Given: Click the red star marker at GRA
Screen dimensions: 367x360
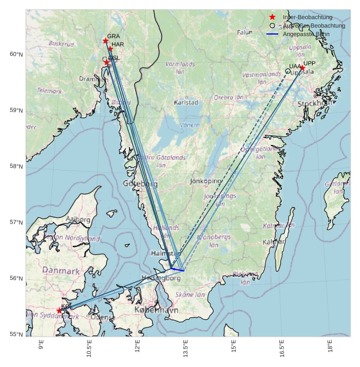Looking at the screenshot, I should coord(106,41).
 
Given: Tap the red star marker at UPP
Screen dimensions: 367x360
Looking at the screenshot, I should coord(302,68).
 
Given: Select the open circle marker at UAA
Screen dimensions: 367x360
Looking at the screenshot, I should coord(288,71).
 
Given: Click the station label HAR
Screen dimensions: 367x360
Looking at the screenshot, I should coord(117,45).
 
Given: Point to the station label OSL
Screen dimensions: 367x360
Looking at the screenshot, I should coord(114,58).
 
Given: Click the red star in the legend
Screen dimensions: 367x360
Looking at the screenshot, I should coord(272,18).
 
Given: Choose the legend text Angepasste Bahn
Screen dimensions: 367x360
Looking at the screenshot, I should coord(306,34).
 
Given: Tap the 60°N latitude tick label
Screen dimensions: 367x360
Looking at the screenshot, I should coord(16,54).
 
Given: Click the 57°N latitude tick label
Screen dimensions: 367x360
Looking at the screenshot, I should coord(16,223).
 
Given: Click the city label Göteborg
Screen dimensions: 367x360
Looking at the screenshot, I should coord(140,184).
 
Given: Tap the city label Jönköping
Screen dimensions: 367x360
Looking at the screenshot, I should coord(205,181).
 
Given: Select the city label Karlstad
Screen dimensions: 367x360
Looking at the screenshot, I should coord(186,103).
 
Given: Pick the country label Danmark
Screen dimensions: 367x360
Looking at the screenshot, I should coord(61,271).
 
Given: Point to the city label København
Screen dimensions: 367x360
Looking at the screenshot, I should coord(156,310).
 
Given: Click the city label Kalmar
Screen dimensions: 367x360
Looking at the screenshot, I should coord(274,242).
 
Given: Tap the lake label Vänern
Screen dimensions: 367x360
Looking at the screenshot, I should coord(190,125).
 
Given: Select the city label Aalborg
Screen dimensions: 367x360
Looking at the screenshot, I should coord(78,219).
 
